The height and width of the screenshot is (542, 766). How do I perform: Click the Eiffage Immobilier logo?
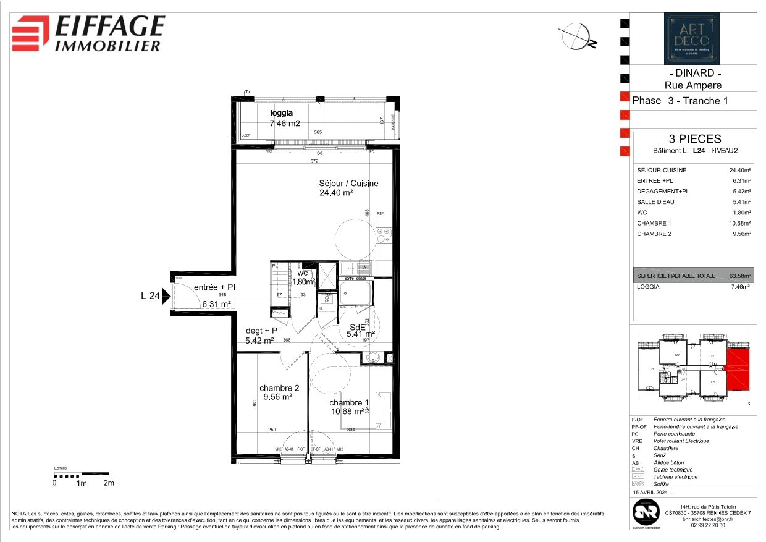click(x=89, y=33)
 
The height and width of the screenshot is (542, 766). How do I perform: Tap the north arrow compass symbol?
click(x=578, y=36)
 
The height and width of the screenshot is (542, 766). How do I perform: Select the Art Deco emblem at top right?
click(x=691, y=39)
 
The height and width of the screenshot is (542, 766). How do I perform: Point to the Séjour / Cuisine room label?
click(x=348, y=187)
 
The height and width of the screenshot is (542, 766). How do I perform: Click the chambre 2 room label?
click(x=279, y=392)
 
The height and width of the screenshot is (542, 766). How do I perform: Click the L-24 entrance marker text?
click(x=151, y=296)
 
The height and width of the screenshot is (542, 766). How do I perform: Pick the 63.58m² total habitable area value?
click(x=739, y=276)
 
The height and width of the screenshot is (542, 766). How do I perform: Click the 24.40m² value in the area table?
click(x=739, y=171)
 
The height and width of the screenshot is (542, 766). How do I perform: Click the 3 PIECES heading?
click(x=691, y=139)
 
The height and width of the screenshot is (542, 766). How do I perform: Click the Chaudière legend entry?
click(x=667, y=448)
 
